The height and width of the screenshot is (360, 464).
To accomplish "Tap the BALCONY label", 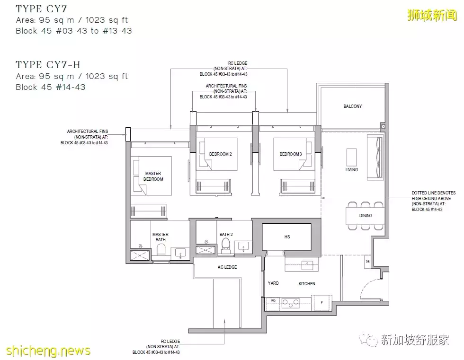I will [352, 106].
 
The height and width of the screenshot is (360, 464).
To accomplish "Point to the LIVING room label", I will [351, 169].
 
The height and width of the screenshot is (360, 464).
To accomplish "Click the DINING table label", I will [365, 216].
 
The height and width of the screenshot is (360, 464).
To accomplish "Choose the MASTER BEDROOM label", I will [153, 176].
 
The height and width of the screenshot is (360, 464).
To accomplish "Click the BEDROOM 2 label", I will [220, 154].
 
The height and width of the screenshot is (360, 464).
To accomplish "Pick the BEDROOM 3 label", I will [290, 154].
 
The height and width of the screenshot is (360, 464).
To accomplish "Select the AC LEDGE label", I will [227, 267].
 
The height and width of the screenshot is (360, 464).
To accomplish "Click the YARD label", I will [273, 283].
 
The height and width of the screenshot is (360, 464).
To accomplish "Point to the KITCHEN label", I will [306, 283].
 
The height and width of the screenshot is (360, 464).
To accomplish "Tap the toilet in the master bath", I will [161, 250].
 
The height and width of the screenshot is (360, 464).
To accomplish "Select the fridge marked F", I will [321, 301].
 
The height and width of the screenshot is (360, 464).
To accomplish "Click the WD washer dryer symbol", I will [273, 301].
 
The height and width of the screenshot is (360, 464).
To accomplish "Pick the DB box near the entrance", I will [367, 262].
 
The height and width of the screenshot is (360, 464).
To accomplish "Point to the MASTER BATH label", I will [160, 237].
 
